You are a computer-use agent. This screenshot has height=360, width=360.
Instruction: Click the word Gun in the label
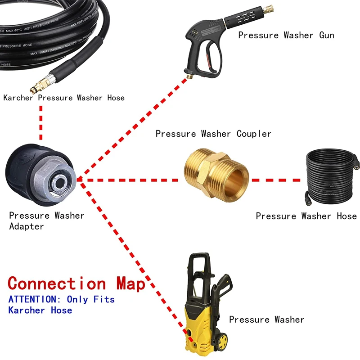326,35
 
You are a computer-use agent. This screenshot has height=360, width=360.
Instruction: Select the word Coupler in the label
254,134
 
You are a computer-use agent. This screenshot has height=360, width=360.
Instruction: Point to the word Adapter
27,226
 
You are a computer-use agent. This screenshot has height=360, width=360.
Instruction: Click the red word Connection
57,283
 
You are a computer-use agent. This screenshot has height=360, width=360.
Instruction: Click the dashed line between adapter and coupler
130,180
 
